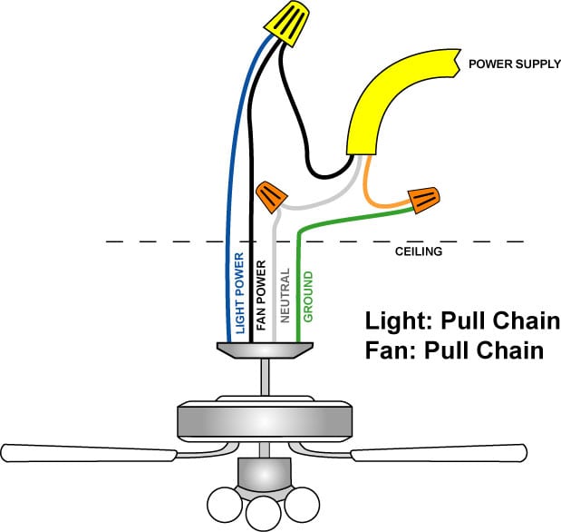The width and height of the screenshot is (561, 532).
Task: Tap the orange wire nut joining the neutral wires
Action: pyautogui.click(x=270, y=194)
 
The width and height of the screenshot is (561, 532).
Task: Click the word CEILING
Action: pyautogui.click(x=418, y=251)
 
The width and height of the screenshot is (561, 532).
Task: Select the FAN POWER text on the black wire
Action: pyautogui.click(x=261, y=293)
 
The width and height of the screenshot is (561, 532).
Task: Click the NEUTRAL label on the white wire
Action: pyautogui.click(x=284, y=296)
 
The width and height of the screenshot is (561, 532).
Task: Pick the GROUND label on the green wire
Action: pyautogui.click(x=308, y=297)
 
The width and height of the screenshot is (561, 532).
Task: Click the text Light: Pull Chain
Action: pyautogui.click(x=462, y=321)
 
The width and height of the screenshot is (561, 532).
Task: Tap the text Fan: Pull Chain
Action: pyautogui.click(x=454, y=350)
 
